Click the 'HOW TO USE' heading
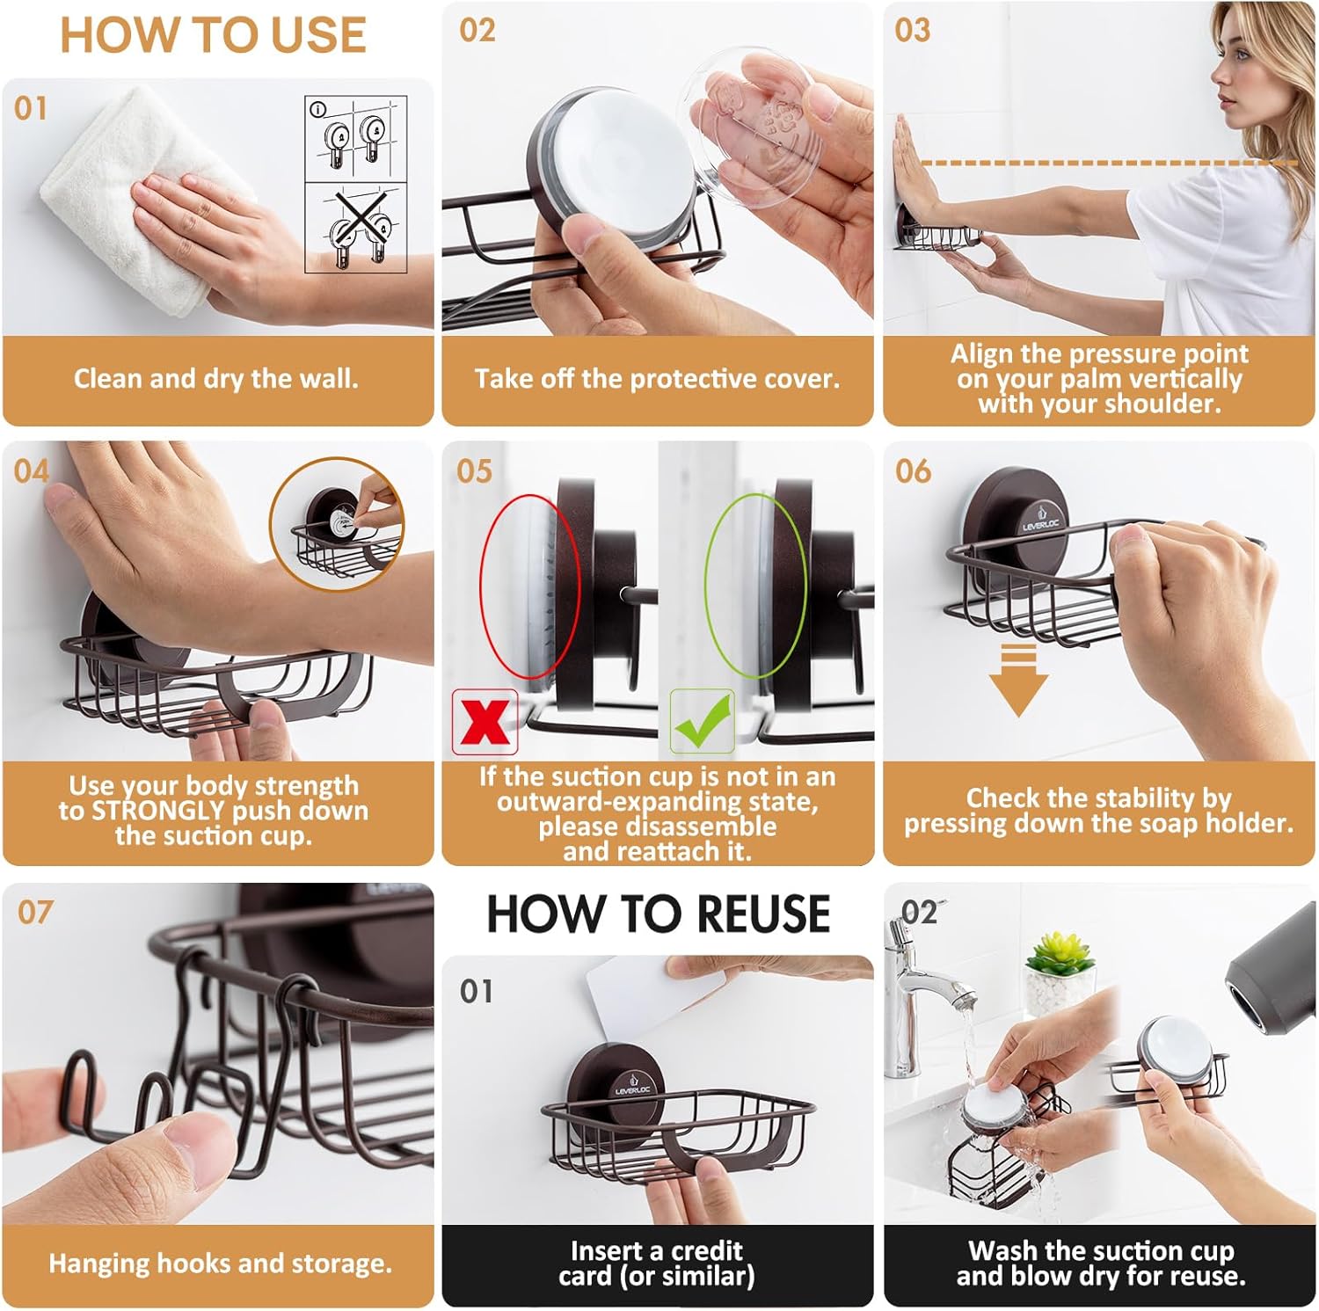[213, 35]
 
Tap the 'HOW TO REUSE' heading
[659, 914]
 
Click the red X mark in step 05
[485, 722]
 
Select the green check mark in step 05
[703, 722]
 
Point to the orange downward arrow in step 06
[1017, 680]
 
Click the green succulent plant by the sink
[1061, 953]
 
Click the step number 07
[35, 912]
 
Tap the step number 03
[912, 31]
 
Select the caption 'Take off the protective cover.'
[657, 379]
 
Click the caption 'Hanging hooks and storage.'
[220, 1264]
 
